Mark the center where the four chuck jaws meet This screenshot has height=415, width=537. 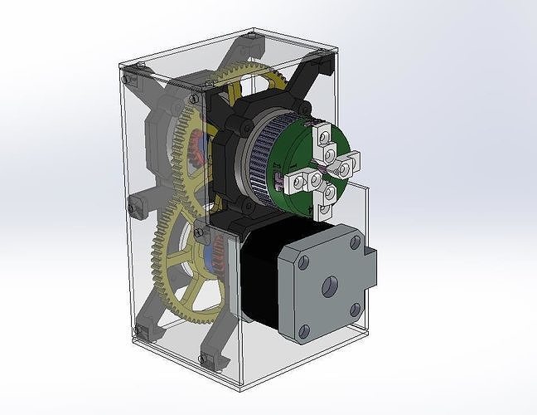(319, 171)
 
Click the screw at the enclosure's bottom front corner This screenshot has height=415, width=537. (203, 358)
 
